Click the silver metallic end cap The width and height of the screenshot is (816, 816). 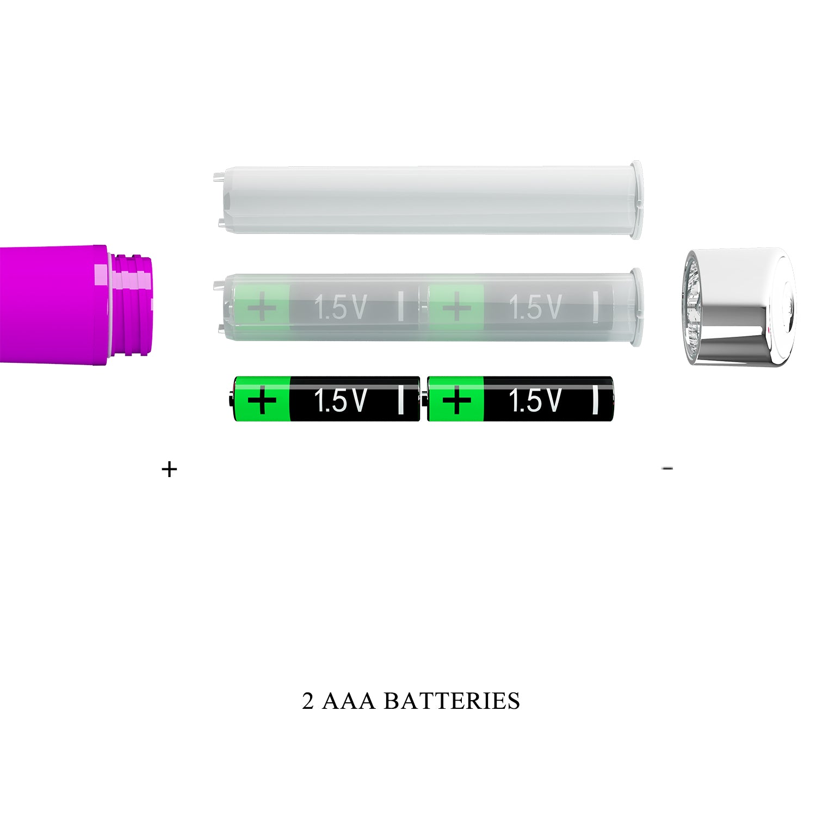[739, 306]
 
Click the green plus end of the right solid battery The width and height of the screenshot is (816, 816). [456, 399]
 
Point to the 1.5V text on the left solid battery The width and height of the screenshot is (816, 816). [341, 400]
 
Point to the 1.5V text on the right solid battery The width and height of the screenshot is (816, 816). [535, 400]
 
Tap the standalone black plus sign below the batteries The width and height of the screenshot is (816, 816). [170, 469]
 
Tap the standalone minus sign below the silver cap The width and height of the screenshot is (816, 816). [667, 468]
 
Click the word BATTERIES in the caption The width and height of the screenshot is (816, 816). [452, 701]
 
